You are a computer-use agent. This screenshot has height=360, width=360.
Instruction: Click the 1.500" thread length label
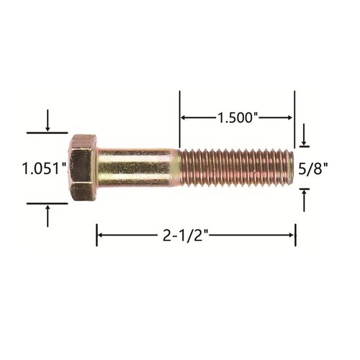[x=238, y=117]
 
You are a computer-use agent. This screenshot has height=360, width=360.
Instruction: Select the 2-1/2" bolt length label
[x=186, y=235]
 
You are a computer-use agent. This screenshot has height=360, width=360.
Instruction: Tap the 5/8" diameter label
[x=313, y=168]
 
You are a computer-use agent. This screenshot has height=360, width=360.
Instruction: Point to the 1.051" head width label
[x=44, y=168]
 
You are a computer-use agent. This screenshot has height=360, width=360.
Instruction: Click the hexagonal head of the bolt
[x=83, y=168]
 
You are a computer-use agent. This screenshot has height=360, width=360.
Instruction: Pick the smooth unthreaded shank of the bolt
[x=137, y=168]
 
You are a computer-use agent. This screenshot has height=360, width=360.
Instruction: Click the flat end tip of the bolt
[x=292, y=168]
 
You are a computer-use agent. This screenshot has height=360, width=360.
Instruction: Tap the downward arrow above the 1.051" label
[x=48, y=120]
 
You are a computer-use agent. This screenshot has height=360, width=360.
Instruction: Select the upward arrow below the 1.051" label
[x=48, y=216]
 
